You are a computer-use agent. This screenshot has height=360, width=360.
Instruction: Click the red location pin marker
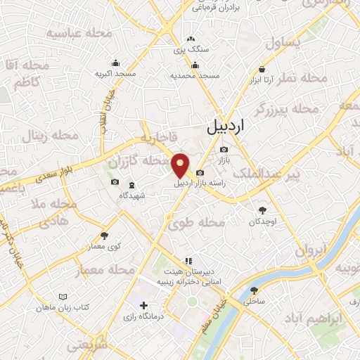[x=181, y=165]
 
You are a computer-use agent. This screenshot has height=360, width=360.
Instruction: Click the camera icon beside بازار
[x=224, y=149]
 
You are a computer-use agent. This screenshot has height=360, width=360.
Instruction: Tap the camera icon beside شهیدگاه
[x=115, y=183]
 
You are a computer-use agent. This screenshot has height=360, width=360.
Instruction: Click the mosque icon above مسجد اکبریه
[x=116, y=62]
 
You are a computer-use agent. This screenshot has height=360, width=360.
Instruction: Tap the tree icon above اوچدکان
[x=263, y=210]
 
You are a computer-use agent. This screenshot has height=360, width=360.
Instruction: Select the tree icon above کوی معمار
[x=105, y=236]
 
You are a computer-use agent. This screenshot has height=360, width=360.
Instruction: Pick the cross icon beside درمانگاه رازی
[x=144, y=306]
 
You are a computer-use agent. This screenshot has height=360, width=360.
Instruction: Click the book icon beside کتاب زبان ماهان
[x=65, y=297]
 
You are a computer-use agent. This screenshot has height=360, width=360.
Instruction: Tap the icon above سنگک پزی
[x=191, y=39]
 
